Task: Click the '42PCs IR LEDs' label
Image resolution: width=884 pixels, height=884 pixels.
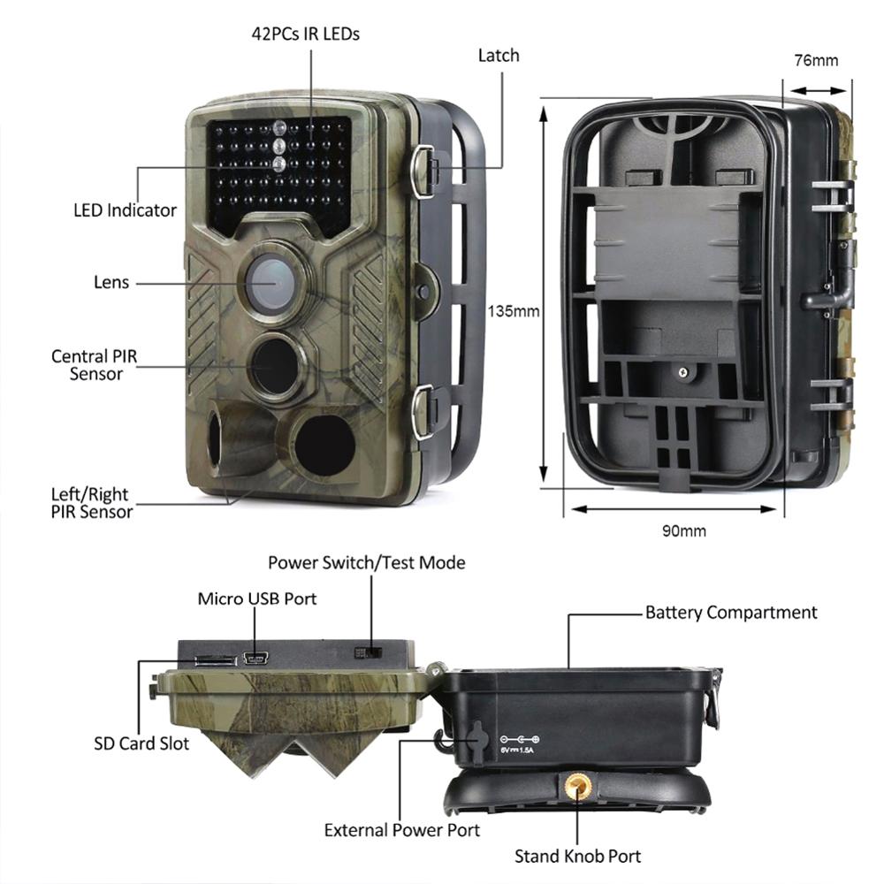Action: (304, 34)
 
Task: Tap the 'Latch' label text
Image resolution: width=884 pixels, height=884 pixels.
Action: (499, 56)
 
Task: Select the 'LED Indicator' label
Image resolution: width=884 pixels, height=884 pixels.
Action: (125, 210)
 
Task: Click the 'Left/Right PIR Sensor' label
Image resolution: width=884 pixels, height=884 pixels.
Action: (91, 503)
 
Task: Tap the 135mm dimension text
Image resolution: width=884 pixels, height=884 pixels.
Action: (513, 311)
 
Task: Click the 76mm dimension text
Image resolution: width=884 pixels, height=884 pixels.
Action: (815, 61)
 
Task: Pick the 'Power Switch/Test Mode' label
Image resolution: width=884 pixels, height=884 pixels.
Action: (366, 563)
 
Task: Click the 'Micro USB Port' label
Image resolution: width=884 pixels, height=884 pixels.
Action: (256, 598)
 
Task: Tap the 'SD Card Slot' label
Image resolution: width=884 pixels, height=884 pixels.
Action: (141, 743)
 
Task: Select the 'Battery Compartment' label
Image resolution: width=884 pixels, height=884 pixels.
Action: (731, 613)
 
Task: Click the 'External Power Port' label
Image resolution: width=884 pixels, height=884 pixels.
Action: (401, 830)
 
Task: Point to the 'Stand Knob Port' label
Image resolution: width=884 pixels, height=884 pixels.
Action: (577, 856)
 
